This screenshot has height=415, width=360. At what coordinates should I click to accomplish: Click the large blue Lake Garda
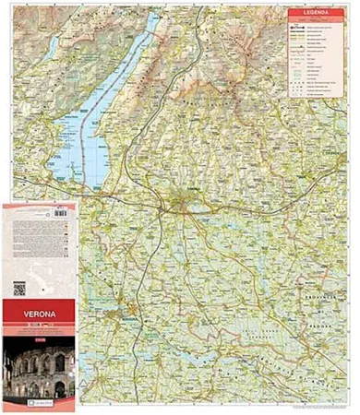pos(102,138)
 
